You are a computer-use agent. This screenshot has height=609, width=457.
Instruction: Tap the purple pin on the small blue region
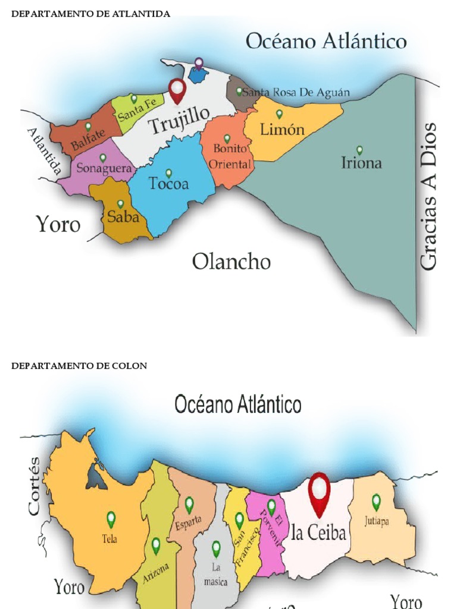click(199, 63)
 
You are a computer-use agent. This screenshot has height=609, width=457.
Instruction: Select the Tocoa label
click(168, 184)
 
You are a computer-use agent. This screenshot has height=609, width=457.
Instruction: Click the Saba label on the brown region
click(123, 216)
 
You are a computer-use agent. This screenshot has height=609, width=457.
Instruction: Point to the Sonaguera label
click(104, 169)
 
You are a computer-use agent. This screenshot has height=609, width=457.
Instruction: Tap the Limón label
click(282, 129)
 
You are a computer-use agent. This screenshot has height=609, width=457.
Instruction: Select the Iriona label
click(361, 162)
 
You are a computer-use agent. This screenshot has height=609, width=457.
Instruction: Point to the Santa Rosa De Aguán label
click(295, 93)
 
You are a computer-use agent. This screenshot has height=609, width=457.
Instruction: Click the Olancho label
click(231, 261)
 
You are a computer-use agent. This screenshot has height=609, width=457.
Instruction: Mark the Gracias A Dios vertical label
click(428, 197)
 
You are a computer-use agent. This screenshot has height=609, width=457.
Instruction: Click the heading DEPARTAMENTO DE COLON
click(79, 366)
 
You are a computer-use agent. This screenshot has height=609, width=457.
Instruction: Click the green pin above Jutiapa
click(376, 502)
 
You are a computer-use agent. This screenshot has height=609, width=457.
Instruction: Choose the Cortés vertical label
click(34, 485)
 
